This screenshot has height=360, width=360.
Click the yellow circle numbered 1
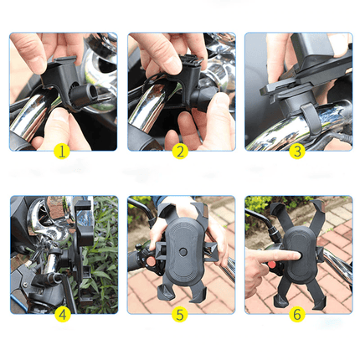point(61,152)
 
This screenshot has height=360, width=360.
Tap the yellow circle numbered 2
point(178,152)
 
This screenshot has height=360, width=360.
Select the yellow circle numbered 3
point(296,152)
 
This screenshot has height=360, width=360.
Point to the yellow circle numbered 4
point(61,316)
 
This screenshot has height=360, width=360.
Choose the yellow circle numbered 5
point(178,316)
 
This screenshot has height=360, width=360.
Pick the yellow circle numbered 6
point(296,316)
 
